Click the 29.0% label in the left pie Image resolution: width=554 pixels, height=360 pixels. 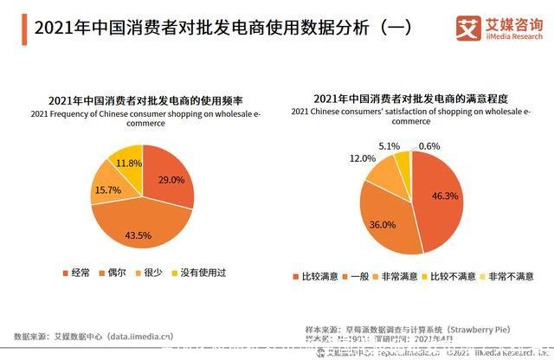(x=171, y=180)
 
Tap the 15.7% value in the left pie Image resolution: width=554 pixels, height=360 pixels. (x=107, y=190)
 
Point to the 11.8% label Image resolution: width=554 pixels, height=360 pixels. (x=129, y=163)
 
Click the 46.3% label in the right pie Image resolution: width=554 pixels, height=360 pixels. (x=444, y=196)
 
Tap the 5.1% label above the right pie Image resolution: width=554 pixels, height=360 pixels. (x=390, y=146)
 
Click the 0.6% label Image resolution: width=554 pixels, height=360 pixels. (x=429, y=146)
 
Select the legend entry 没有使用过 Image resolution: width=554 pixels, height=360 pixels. (x=204, y=273)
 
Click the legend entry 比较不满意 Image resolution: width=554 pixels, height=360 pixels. (x=453, y=276)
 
